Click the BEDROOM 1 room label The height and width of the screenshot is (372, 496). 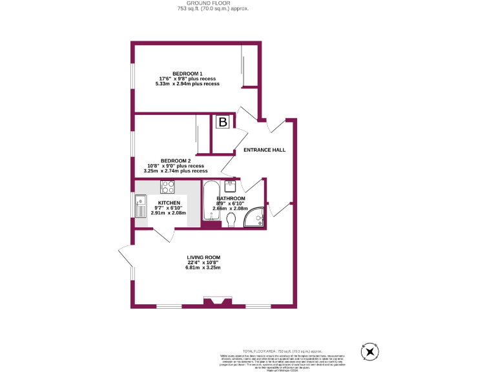click(x=187, y=73)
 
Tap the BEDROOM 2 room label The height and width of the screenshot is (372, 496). click(x=176, y=160)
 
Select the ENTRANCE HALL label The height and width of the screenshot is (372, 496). click(x=264, y=150)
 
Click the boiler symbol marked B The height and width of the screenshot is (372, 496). click(x=223, y=121)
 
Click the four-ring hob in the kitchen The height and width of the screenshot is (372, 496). click(x=168, y=187)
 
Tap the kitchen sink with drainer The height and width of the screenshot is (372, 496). click(x=141, y=208)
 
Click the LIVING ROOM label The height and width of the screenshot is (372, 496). click(x=204, y=257)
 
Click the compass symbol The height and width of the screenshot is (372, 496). click(x=370, y=352)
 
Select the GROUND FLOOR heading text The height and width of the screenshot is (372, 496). click(x=212, y=3)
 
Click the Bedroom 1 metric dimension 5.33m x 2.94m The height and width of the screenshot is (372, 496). click(x=187, y=84)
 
